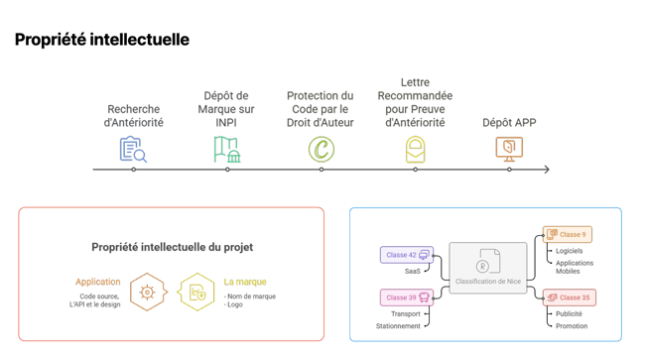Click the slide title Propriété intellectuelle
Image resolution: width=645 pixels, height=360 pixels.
[x=102, y=40]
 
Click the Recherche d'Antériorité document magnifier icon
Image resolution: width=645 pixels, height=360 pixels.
[x=133, y=150]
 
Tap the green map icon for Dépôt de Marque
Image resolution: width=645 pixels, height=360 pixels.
[x=227, y=149]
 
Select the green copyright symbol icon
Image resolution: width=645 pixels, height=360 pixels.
[x=321, y=150]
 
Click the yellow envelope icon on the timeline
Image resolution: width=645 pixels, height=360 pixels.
[x=415, y=150]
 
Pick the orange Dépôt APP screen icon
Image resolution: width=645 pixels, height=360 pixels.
[x=509, y=149]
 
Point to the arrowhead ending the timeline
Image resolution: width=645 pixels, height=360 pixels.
[x=546, y=170]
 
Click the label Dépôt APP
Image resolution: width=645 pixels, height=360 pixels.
[x=509, y=123]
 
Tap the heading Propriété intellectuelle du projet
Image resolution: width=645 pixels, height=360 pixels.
[x=172, y=247]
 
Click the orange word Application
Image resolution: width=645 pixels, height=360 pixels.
[x=98, y=282]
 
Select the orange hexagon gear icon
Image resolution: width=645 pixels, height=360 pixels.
[x=147, y=293]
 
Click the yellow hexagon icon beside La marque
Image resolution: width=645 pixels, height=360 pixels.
[x=196, y=293]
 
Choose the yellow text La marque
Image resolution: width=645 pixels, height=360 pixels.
[x=245, y=282]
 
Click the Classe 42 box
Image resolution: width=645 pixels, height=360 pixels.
[x=407, y=255]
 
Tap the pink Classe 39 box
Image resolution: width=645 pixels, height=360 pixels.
[x=407, y=298]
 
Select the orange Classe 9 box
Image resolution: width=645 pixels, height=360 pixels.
[x=567, y=235]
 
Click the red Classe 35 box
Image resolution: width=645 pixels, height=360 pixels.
[x=569, y=298]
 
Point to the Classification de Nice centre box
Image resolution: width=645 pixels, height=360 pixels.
[x=487, y=268]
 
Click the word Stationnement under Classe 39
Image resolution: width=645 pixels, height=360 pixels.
[x=398, y=326]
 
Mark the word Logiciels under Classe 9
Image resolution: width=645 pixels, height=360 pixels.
[x=570, y=251]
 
